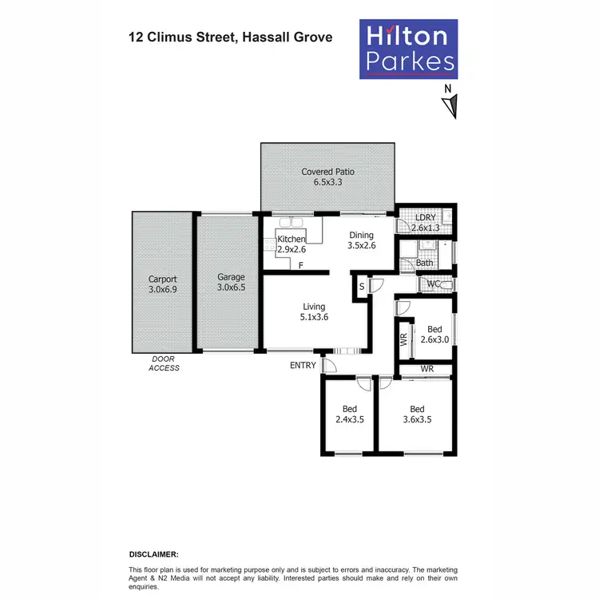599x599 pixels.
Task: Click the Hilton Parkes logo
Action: (410, 49)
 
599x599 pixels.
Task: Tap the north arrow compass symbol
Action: (450, 103)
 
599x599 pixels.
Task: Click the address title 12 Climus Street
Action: (231, 37)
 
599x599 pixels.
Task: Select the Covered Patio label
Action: (327, 172)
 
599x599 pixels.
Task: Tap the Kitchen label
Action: (291, 240)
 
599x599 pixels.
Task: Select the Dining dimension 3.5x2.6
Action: (363, 246)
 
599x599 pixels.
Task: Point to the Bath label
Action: (424, 262)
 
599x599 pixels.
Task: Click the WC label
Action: (434, 284)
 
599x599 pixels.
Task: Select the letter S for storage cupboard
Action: (362, 286)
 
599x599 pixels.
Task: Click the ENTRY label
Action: (302, 365)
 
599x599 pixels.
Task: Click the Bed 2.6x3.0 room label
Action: (434, 334)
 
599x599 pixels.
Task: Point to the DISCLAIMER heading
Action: (154, 553)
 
